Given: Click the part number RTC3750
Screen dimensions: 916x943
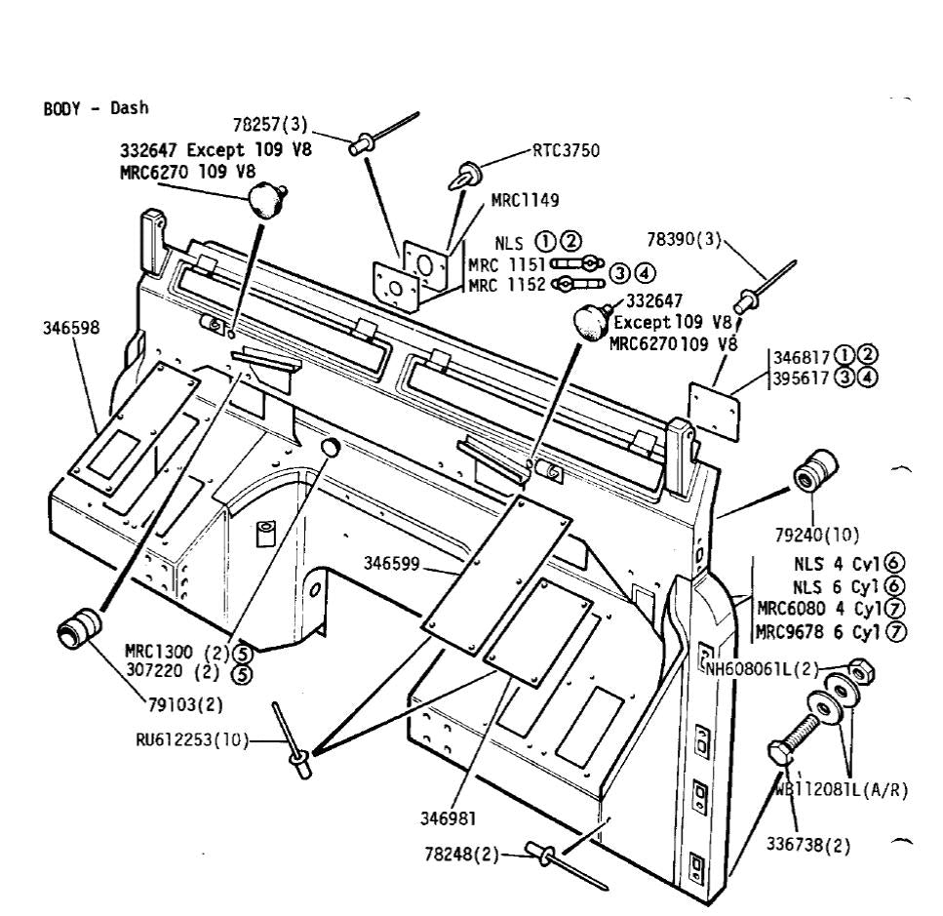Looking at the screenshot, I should pos(566,151).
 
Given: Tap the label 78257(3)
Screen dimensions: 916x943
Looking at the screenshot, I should pos(270,125).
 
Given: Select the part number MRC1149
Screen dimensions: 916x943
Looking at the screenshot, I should pos(525,202).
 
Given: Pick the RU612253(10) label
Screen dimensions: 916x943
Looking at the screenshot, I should pos(191,739).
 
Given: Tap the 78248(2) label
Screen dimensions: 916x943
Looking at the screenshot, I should pos(461,856).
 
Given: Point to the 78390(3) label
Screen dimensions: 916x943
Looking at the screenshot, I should pos(684,240).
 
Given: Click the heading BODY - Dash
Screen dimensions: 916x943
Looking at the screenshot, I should pos(97,108).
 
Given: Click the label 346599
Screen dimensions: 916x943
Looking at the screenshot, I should pos(392,563).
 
